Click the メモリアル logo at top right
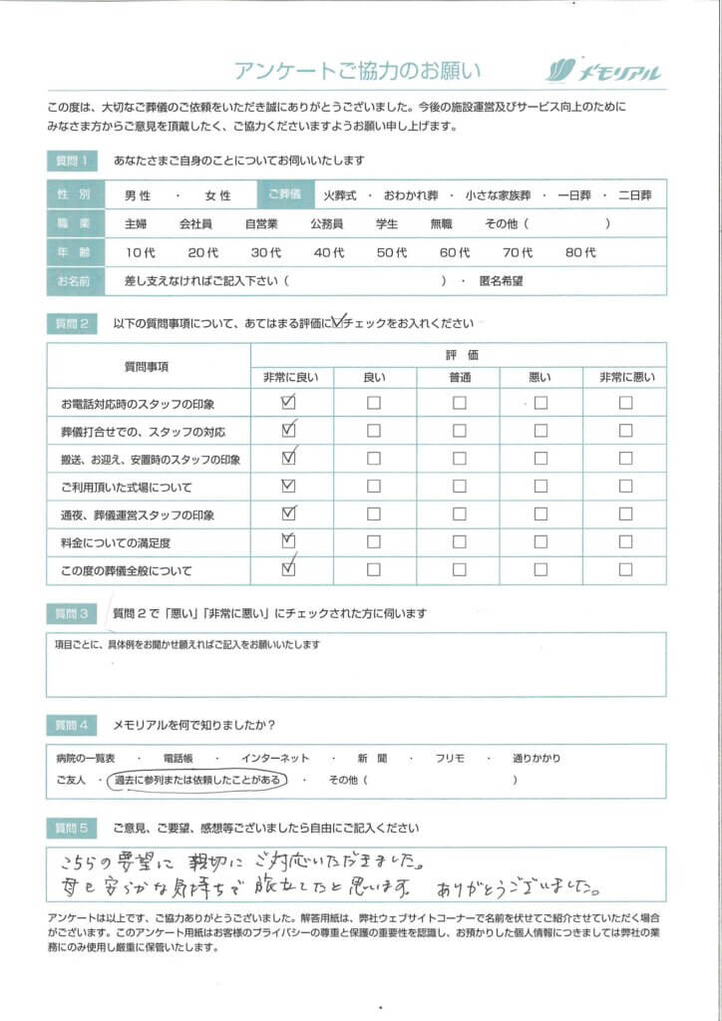(603, 71)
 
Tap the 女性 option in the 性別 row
(217, 196)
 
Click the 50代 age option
(392, 253)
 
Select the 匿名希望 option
(501, 281)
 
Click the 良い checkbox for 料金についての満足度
(374, 543)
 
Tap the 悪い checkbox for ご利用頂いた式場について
(541, 488)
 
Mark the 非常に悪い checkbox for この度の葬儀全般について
(625, 571)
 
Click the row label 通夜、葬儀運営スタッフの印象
(138, 515)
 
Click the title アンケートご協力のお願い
(357, 71)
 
